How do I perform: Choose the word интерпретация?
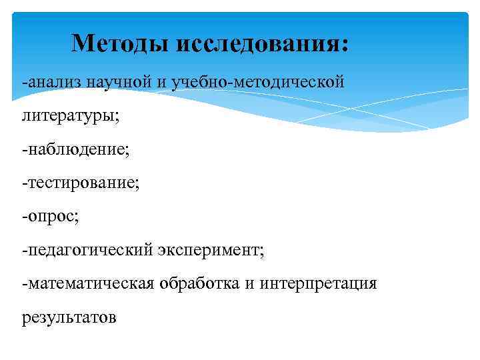(x=316, y=284)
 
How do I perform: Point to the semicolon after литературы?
(x=117, y=117)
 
